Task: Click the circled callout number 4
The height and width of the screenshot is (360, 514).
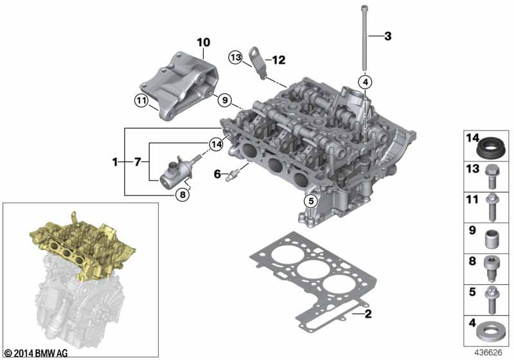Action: pyautogui.click(x=366, y=82)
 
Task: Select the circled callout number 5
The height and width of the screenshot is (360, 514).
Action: pyautogui.click(x=311, y=201)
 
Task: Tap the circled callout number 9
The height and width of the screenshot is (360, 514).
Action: pyautogui.click(x=225, y=100)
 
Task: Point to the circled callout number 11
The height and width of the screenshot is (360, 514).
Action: pyautogui.click(x=141, y=100)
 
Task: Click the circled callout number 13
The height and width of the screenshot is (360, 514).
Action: pyautogui.click(x=235, y=58)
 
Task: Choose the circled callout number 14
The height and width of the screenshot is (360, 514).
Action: pyautogui.click(x=216, y=144)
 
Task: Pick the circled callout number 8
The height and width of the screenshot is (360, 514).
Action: pyautogui.click(x=182, y=195)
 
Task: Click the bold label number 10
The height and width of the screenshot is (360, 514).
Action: pyautogui.click(x=204, y=42)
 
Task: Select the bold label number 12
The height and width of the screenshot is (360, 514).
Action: pyautogui.click(x=279, y=60)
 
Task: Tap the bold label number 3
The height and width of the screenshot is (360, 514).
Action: pyautogui.click(x=388, y=36)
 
